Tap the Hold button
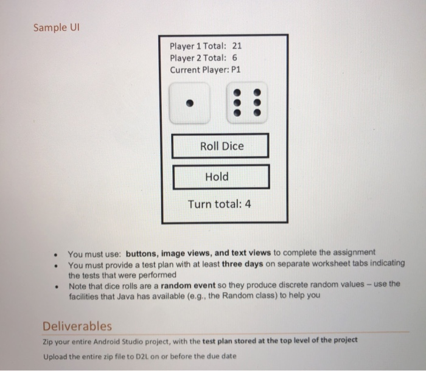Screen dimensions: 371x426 (221, 176)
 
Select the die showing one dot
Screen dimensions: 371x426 (190, 104)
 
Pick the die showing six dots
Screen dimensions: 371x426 (247, 104)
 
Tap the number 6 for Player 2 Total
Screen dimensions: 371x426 (234, 58)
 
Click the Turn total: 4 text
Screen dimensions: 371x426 (219, 204)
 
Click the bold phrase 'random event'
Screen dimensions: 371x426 (185, 285)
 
